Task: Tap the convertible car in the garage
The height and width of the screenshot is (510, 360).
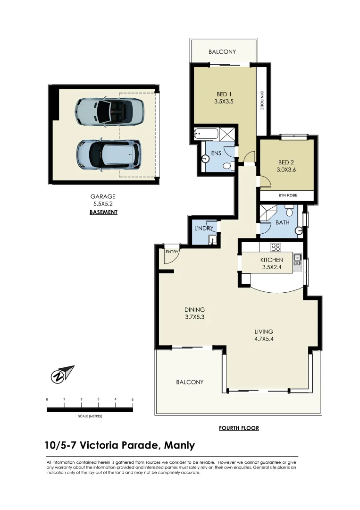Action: click(x=109, y=112)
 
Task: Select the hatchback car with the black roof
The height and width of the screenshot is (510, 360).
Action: click(x=109, y=154)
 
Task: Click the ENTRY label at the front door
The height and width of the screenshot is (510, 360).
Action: click(x=172, y=252)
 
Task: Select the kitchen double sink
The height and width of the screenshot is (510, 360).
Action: click(x=297, y=261)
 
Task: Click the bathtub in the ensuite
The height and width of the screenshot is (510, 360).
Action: click(x=206, y=134)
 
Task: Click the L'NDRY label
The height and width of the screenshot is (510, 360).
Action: click(x=204, y=228)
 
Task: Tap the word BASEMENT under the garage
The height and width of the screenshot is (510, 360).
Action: click(x=103, y=212)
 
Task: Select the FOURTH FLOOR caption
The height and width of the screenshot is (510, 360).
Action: click(x=239, y=428)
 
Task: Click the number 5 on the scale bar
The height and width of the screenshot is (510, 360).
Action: click(x=133, y=399)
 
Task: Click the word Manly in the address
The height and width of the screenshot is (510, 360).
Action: click(x=179, y=445)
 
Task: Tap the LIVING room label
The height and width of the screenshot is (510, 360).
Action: click(x=264, y=331)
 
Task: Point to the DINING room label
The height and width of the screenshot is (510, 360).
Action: click(x=194, y=310)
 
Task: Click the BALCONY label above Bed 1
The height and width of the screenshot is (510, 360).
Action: click(x=222, y=52)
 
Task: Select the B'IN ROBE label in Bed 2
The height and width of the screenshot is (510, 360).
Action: click(x=286, y=195)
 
